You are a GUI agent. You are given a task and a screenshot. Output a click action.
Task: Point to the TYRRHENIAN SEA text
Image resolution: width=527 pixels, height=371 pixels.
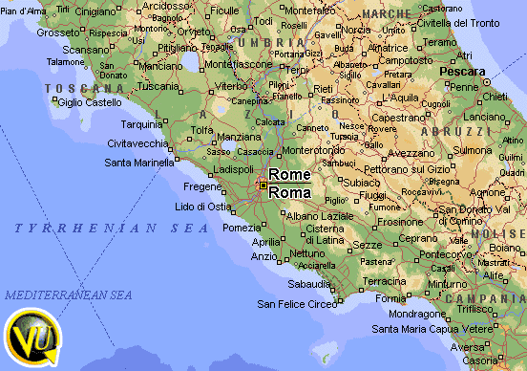[111, 229]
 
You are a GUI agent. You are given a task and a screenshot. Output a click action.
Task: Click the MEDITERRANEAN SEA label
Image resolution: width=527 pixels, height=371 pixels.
[68, 295]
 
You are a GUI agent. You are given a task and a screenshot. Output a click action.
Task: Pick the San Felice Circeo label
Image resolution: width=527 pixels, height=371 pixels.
[297, 304]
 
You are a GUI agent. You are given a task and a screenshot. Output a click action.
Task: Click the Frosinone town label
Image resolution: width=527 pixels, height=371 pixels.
[400, 221]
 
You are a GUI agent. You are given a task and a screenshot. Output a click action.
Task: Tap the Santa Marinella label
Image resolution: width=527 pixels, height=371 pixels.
[139, 163]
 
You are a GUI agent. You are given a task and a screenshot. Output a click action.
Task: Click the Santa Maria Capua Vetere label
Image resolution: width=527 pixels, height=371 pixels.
[426, 329]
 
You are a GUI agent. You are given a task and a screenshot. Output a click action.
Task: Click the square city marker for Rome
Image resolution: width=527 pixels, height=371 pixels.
[263, 185]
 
